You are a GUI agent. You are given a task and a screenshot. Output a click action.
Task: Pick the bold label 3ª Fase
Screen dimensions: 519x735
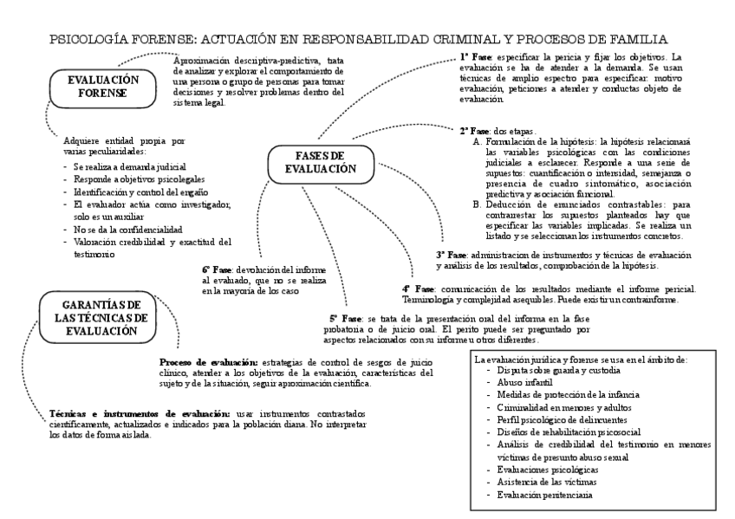(x=452, y=256)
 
